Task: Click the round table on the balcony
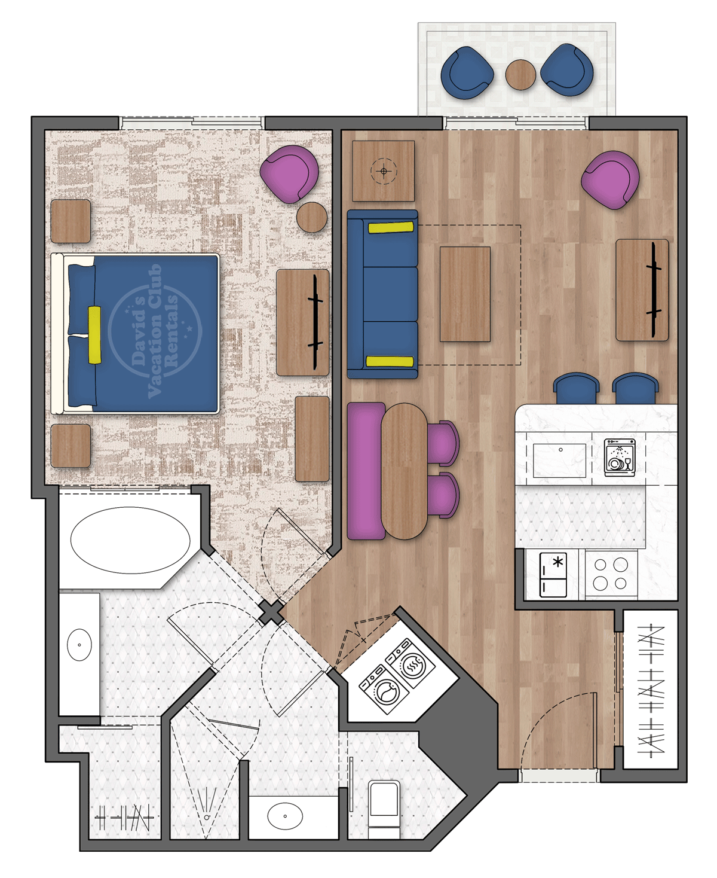click(x=520, y=75)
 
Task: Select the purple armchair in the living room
click(x=610, y=180)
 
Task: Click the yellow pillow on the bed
click(x=94, y=335)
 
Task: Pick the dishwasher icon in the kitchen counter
click(x=620, y=458)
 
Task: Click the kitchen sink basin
click(x=559, y=461)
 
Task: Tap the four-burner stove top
click(x=611, y=574)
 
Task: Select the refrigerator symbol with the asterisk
click(x=553, y=575)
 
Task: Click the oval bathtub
click(x=130, y=540)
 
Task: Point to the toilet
click(x=384, y=804)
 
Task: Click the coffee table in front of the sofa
click(x=465, y=294)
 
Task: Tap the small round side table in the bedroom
click(x=312, y=217)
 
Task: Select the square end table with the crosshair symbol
click(x=383, y=171)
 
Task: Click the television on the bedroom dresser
click(x=315, y=321)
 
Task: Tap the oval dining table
click(x=405, y=471)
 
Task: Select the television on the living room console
click(x=654, y=289)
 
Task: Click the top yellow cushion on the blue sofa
click(x=391, y=227)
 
